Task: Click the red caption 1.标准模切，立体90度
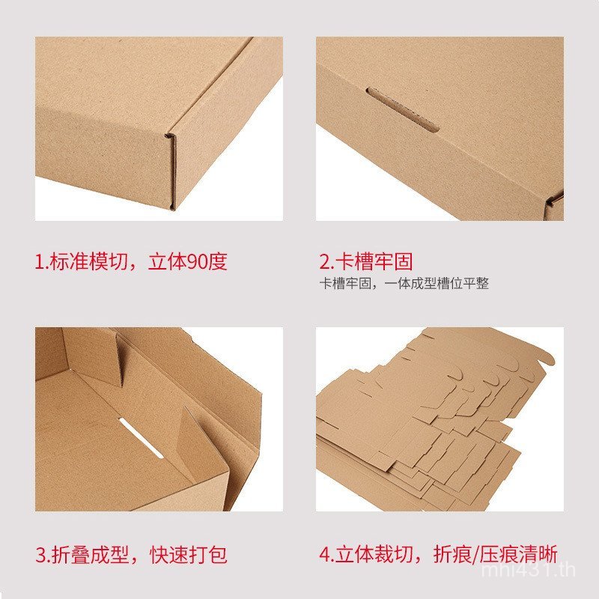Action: point(131,262)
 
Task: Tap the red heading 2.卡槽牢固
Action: point(366,262)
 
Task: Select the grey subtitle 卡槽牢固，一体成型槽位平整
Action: point(404,284)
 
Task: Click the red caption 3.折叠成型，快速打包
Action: point(131,555)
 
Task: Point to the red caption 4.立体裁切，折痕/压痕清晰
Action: point(438,555)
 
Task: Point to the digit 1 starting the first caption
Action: point(39,262)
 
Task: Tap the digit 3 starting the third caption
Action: point(40,555)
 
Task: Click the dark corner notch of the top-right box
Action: point(555,200)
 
